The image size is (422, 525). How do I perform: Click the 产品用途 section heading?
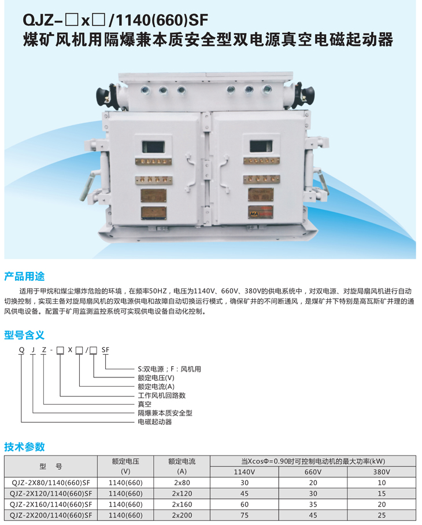(x=24, y=277)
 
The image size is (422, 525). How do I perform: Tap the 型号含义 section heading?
(x=24, y=335)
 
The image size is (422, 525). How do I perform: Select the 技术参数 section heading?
(x=24, y=447)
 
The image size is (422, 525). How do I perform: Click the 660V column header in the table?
(x=313, y=472)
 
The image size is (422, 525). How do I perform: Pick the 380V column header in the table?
(x=382, y=472)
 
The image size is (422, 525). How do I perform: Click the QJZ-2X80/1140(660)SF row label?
(x=51, y=483)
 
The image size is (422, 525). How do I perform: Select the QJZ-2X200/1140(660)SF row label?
(x=51, y=515)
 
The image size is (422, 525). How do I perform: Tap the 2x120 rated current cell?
(x=182, y=494)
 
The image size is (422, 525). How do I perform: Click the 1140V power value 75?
(x=245, y=515)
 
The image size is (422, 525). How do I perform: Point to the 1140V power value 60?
(x=245, y=505)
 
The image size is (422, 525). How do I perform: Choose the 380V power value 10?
(x=382, y=483)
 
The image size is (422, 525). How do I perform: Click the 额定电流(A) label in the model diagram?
(x=156, y=387)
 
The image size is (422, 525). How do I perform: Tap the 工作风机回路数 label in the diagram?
(x=162, y=395)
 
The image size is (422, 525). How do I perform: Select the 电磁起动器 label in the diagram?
(x=155, y=422)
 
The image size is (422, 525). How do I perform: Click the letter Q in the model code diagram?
(x=22, y=350)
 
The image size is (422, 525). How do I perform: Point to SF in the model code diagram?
(x=105, y=350)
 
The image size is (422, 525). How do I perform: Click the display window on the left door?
(x=153, y=146)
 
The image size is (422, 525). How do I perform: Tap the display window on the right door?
(x=261, y=146)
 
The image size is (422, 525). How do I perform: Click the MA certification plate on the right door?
(x=261, y=212)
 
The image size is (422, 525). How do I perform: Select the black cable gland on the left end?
(x=102, y=95)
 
